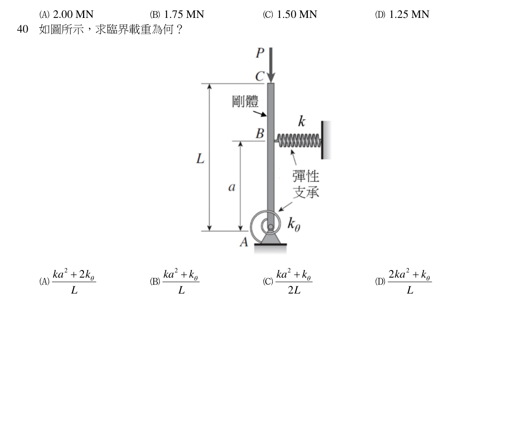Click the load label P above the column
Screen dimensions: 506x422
point(260,53)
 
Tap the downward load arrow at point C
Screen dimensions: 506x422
point(271,65)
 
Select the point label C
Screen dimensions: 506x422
point(259,76)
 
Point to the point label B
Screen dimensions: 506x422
point(260,133)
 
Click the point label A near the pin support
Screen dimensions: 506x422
point(244,242)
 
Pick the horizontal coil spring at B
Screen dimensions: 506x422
point(298,140)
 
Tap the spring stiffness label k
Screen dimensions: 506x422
point(302,121)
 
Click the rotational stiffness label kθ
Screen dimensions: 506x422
point(294,225)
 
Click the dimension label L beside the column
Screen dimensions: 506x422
point(200,159)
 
